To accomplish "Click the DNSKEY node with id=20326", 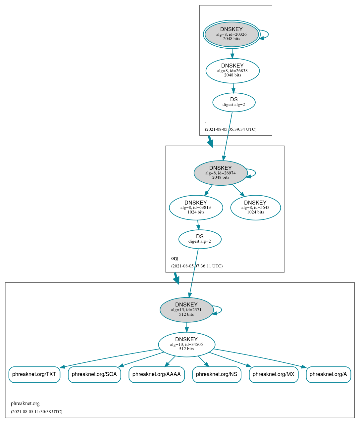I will pos(231,34).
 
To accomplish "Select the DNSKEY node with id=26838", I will pos(232,70).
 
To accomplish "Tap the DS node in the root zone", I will pos(234,102).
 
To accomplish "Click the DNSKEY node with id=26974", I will pos(221,173).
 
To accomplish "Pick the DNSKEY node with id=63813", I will pos(196,208).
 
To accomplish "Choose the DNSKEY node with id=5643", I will pos(255,208).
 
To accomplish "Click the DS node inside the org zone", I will pos(200,239).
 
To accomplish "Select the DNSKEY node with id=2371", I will pos(186,310).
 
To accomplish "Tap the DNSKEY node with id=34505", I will pos(186,344).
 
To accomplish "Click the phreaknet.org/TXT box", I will pos(34,374).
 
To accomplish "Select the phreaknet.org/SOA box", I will pos(94,374).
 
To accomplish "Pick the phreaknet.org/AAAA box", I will pos(156,374).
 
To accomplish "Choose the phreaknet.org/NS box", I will pos(217,374).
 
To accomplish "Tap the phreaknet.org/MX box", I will pos(274,374).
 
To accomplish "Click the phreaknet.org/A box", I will pos(328,374).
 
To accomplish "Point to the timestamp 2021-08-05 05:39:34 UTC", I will pos(231,129).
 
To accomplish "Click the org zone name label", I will pos(175,258).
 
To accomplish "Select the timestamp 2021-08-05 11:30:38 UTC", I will pos(36,411).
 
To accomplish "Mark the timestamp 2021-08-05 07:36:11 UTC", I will pos(197,266).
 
